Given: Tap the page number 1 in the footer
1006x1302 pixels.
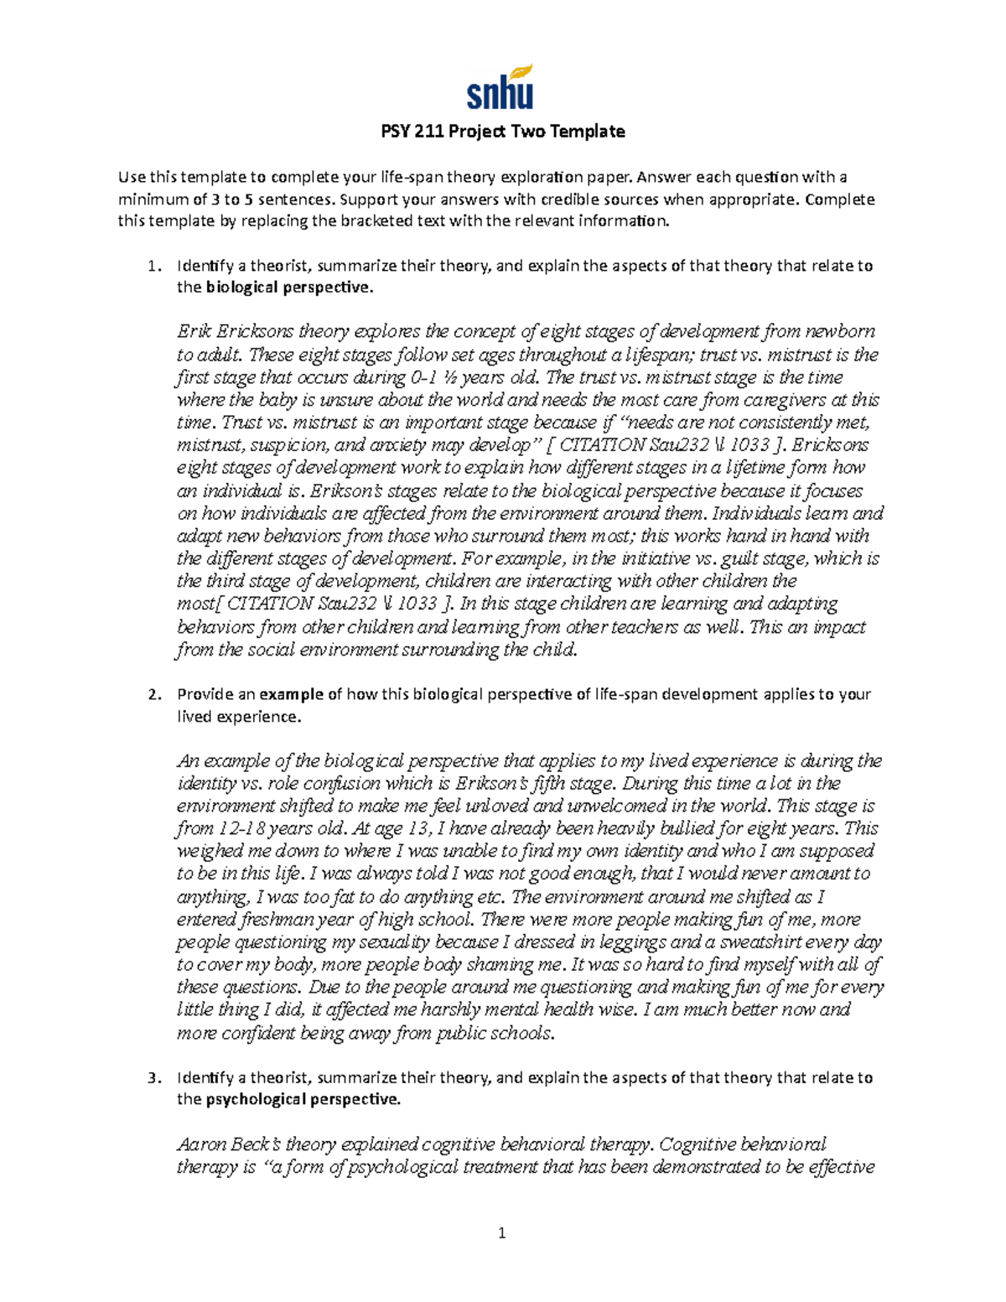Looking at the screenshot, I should tap(501, 1232).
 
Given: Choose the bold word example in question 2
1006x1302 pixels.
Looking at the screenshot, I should tap(291, 694).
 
